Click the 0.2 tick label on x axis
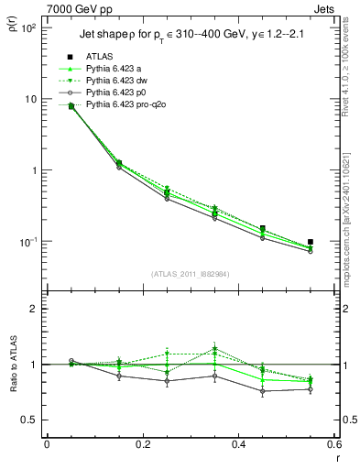pyautogui.click(x=142, y=444)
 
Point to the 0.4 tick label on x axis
pyautogui.click(x=237, y=444)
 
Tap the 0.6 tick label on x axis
pyautogui.click(x=333, y=444)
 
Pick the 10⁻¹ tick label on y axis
pyautogui.click(x=29, y=242)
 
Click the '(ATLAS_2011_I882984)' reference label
pyautogui.click(x=189, y=274)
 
